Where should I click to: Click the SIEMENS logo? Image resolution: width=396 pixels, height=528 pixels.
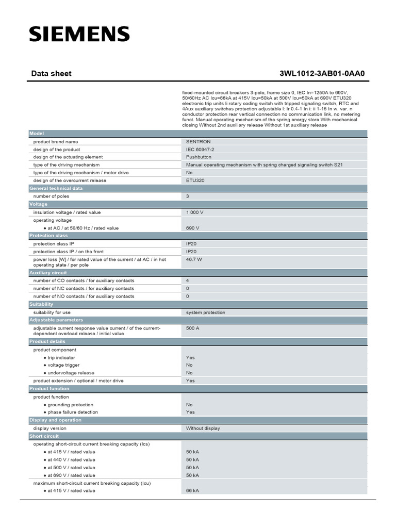[x=79, y=34]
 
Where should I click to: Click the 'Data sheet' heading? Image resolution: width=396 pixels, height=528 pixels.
[x=51, y=74]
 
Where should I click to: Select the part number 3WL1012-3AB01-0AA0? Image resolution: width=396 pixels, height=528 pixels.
[x=322, y=74]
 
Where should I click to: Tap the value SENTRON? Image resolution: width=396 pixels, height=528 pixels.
[x=198, y=141]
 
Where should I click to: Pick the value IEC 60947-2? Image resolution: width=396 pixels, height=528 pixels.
[x=200, y=149]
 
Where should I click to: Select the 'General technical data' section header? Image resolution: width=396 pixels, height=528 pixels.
[x=56, y=188]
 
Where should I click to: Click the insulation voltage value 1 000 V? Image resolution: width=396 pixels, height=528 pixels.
[x=195, y=212]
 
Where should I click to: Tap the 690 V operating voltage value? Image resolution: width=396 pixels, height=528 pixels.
[x=192, y=228]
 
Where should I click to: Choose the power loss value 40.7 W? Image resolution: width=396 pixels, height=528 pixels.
[x=194, y=259]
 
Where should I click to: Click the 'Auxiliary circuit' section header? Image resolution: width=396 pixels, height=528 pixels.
[x=48, y=272]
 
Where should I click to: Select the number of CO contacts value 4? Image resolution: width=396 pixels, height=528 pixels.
[x=188, y=280]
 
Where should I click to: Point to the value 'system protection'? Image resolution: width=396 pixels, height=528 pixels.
[x=206, y=312]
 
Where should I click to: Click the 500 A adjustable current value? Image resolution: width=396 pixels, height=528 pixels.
[x=192, y=328]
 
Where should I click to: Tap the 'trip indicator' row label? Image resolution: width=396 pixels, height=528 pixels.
[x=61, y=357]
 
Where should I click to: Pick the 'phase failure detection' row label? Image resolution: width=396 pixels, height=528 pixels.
[x=73, y=412]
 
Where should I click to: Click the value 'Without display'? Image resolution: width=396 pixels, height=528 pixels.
[x=203, y=428]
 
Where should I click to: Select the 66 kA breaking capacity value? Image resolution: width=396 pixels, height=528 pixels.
[x=192, y=490]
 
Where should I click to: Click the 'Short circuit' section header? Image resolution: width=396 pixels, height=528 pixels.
[x=44, y=436]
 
